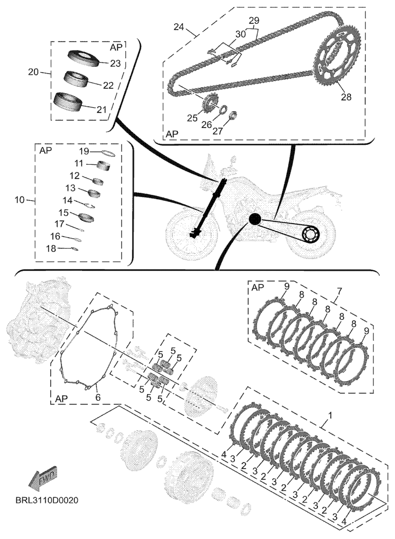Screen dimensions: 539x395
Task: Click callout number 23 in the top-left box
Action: (x=116, y=63)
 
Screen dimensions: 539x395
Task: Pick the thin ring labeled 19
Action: (x=107, y=153)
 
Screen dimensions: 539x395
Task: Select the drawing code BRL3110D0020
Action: (x=47, y=500)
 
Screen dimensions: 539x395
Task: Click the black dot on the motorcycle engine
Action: (x=254, y=218)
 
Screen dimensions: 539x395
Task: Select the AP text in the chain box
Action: (x=173, y=132)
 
